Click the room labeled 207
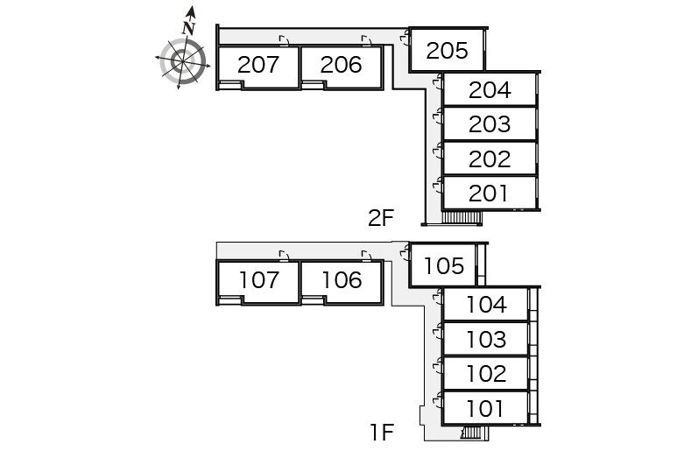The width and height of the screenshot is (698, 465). tap(257, 65)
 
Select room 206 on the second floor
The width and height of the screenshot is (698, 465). tap(341, 65)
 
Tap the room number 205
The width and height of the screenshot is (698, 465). tap(447, 51)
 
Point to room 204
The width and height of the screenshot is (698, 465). tap(490, 89)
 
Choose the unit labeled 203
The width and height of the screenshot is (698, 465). tap(490, 123)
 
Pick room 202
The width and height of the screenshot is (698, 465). tap(490, 159)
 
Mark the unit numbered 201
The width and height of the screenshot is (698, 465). tap(490, 193)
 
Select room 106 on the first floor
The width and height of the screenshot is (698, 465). tap(341, 280)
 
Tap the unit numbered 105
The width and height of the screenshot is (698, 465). tap(443, 264)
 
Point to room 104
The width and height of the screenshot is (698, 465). tap(486, 305)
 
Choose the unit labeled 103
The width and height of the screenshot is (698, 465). tap(486, 339)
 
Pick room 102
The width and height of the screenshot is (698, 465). tap(486, 374)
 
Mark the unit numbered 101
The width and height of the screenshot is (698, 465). tap(486, 408)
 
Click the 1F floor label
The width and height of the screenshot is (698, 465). tap(382, 432)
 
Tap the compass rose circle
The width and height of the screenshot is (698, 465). tap(184, 60)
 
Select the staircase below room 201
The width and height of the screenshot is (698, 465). tap(462, 217)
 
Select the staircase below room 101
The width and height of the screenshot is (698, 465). tap(471, 432)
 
